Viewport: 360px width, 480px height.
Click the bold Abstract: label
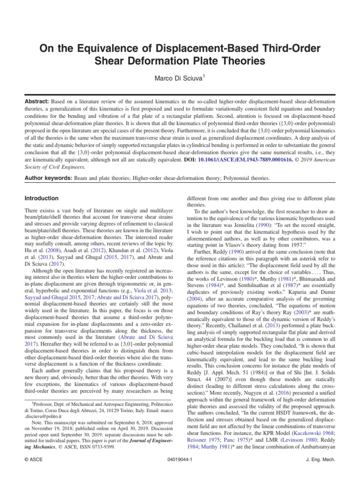[38, 102]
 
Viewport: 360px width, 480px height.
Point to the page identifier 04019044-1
[180, 460]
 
